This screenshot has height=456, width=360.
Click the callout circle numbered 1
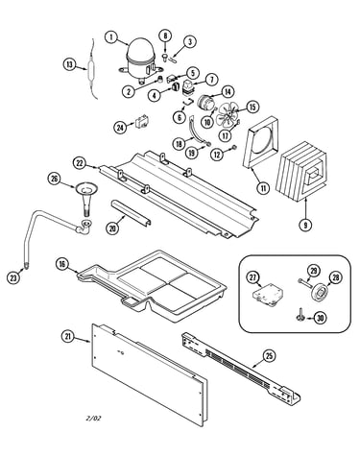tap(111, 37)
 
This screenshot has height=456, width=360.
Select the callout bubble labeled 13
tap(69, 64)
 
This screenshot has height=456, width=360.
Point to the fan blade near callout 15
tap(228, 115)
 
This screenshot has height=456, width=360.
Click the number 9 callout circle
tap(305, 225)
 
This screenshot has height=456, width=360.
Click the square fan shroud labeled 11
tap(260, 142)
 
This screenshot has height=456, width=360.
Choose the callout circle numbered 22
tap(79, 163)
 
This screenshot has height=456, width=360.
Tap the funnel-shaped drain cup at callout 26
tap(85, 198)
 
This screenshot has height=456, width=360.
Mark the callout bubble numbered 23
tap(13, 277)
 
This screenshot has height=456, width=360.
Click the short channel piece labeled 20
tap(131, 213)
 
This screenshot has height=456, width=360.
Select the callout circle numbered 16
tap(62, 264)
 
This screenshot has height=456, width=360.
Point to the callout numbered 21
tap(68, 336)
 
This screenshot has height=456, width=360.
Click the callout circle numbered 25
tap(269, 355)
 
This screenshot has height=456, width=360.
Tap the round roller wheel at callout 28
tap(320, 291)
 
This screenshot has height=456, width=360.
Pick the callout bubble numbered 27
tap(252, 277)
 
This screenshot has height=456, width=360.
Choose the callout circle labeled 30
tap(320, 318)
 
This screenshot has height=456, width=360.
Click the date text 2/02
tap(94, 418)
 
